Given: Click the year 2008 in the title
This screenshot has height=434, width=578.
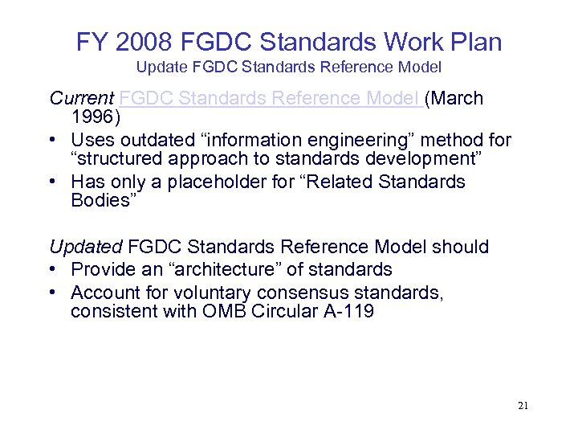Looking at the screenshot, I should [x=152, y=42].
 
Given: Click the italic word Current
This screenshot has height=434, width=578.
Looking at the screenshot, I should [x=81, y=98].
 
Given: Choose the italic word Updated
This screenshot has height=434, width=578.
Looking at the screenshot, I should [x=86, y=246].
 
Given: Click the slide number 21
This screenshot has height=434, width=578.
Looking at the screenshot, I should [x=523, y=406].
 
